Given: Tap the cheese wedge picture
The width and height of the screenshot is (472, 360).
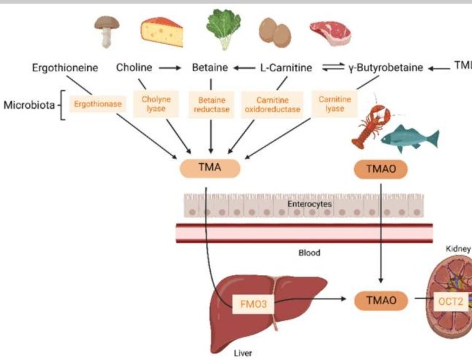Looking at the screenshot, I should [162, 31].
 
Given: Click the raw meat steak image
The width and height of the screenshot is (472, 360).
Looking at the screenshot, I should [328, 33].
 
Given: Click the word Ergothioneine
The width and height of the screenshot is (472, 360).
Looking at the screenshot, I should [65, 68].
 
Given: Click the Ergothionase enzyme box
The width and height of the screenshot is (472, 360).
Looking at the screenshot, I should [95, 104].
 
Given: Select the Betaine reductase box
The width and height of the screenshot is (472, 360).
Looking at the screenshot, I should [211, 104].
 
